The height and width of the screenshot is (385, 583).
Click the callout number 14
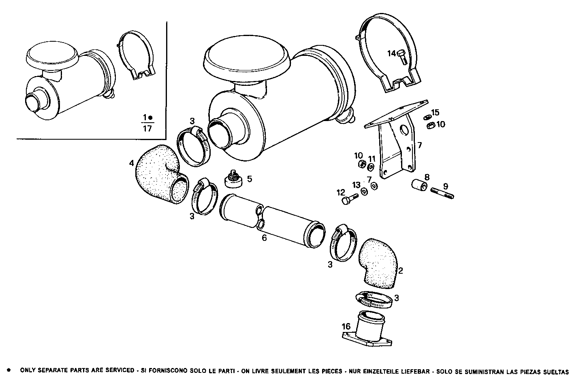pos(391,53)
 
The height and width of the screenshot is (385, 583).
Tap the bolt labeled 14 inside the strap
pos(402,57)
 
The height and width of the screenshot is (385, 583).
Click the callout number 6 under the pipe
pos(264,238)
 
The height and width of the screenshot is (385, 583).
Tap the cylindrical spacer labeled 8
pos(419,186)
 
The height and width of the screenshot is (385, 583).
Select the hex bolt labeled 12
pos(350,199)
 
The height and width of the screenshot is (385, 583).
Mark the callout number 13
pos(356,185)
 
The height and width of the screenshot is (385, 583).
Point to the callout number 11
pos(372,159)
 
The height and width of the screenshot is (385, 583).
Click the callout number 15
pos(435,112)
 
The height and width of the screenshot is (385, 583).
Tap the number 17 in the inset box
pos(147,129)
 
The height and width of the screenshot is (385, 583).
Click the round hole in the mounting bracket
pos(404,130)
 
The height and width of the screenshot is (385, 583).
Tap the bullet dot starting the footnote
pos(9,370)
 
